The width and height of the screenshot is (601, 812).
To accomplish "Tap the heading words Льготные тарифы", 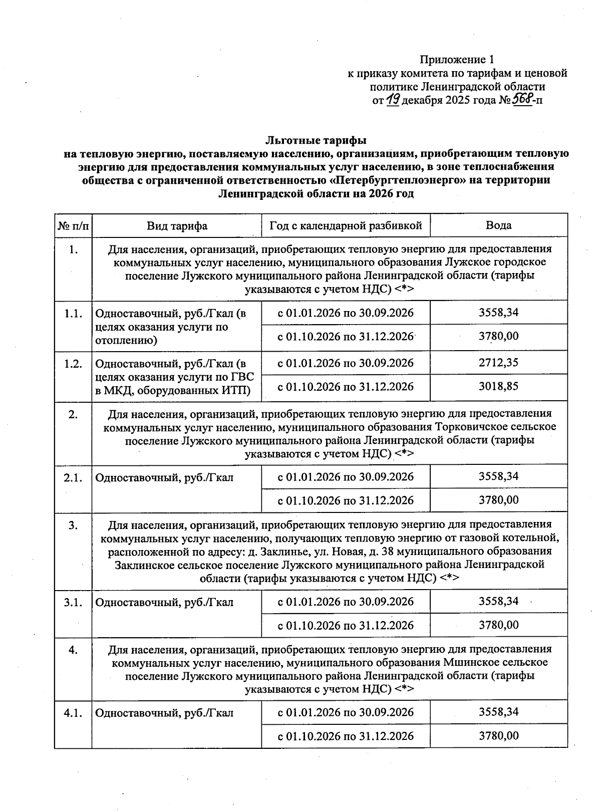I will coord(316,140).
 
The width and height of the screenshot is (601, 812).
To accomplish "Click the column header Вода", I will coord(498,225).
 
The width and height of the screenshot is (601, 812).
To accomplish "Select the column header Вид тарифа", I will coord(177,225).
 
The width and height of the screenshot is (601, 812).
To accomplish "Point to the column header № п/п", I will coord(73,225).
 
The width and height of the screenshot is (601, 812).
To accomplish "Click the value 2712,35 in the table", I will coord(498,363).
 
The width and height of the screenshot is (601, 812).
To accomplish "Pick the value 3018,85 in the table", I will coord(498,387).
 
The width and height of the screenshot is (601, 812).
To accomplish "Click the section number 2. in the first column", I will coord(73,414).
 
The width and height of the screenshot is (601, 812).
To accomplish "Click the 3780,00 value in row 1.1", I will coord(498,336).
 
